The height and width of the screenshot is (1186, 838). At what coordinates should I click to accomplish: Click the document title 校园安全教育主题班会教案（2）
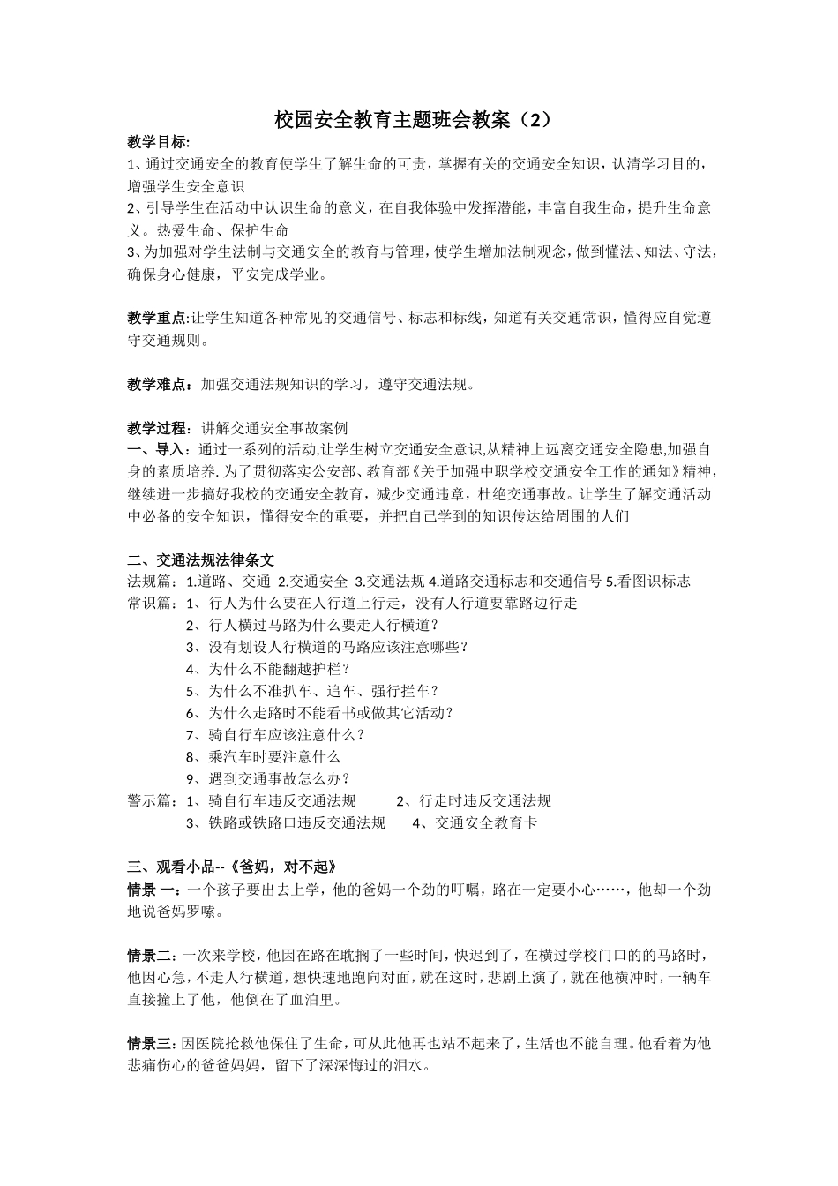[418, 120]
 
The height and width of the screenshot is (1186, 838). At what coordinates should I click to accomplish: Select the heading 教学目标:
[159, 142]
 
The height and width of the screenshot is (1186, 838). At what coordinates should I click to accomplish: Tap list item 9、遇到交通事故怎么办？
[268, 779]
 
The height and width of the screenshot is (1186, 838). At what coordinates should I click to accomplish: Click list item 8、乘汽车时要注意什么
[263, 757]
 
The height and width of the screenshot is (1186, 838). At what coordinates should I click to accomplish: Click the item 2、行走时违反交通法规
[474, 801]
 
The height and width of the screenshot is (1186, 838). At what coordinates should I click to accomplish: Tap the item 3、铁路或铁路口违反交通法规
[286, 823]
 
